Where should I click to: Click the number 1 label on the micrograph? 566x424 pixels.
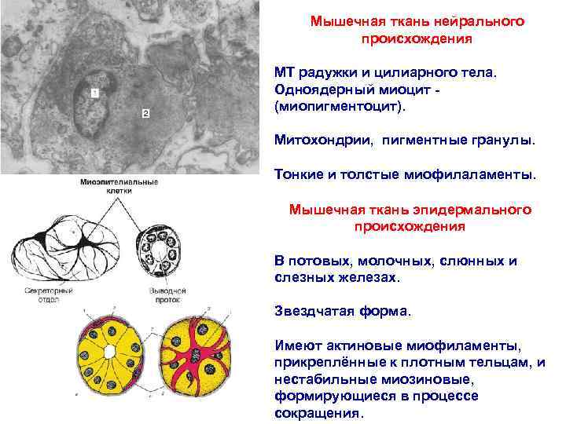tap(94, 93)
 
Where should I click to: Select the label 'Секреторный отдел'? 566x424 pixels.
tap(49, 294)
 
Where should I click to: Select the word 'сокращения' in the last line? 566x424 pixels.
tap(317, 413)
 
